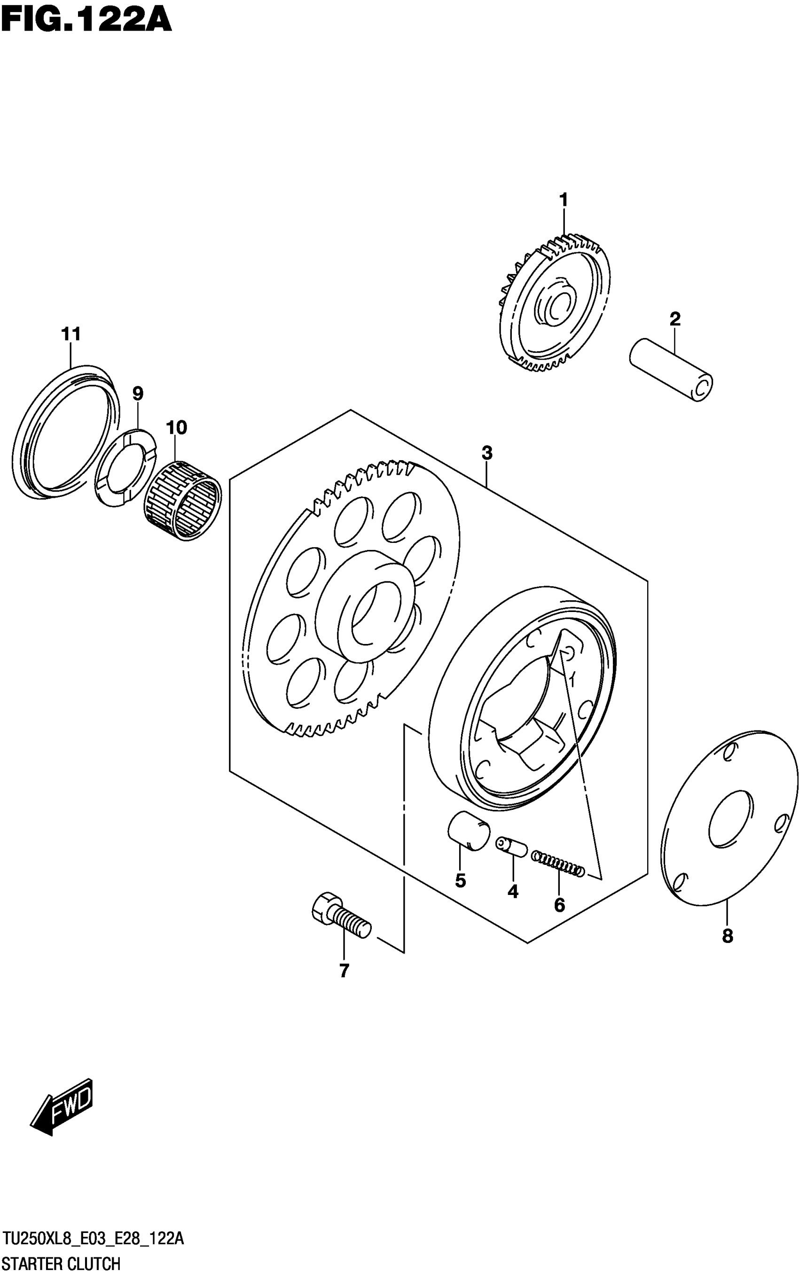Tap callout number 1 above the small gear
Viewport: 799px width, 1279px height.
click(x=564, y=200)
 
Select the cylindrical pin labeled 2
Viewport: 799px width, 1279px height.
click(x=671, y=369)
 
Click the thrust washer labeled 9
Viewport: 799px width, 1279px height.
click(x=125, y=468)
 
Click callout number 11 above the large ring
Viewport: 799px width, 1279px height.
click(x=71, y=334)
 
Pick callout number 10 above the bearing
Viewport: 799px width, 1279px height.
click(x=177, y=427)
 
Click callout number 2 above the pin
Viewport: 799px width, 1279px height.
click(x=675, y=319)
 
